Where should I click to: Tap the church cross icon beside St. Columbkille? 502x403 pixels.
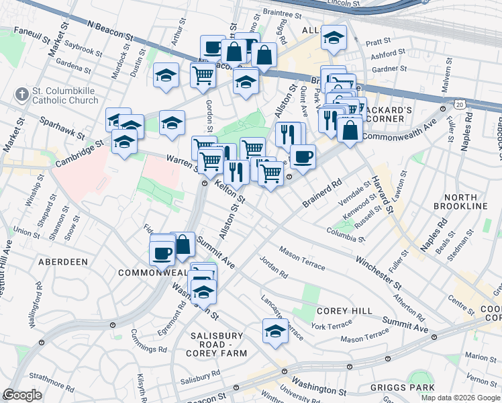(22, 91)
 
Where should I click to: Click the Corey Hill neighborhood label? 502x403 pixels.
(339, 310)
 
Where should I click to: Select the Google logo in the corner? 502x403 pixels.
(22, 395)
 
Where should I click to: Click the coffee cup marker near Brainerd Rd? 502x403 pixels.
(303, 156)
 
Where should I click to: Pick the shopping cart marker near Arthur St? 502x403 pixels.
(203, 74)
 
